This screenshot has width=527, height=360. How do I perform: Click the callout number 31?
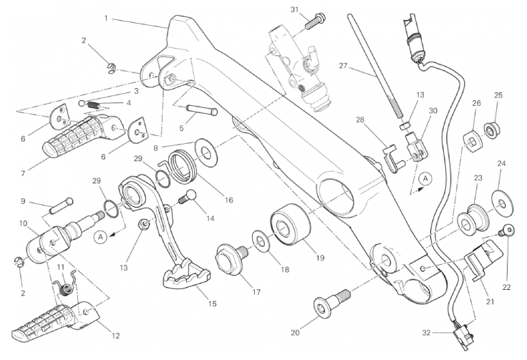294,9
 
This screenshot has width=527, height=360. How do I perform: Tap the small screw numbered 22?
507,231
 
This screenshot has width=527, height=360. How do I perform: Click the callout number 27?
342,66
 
